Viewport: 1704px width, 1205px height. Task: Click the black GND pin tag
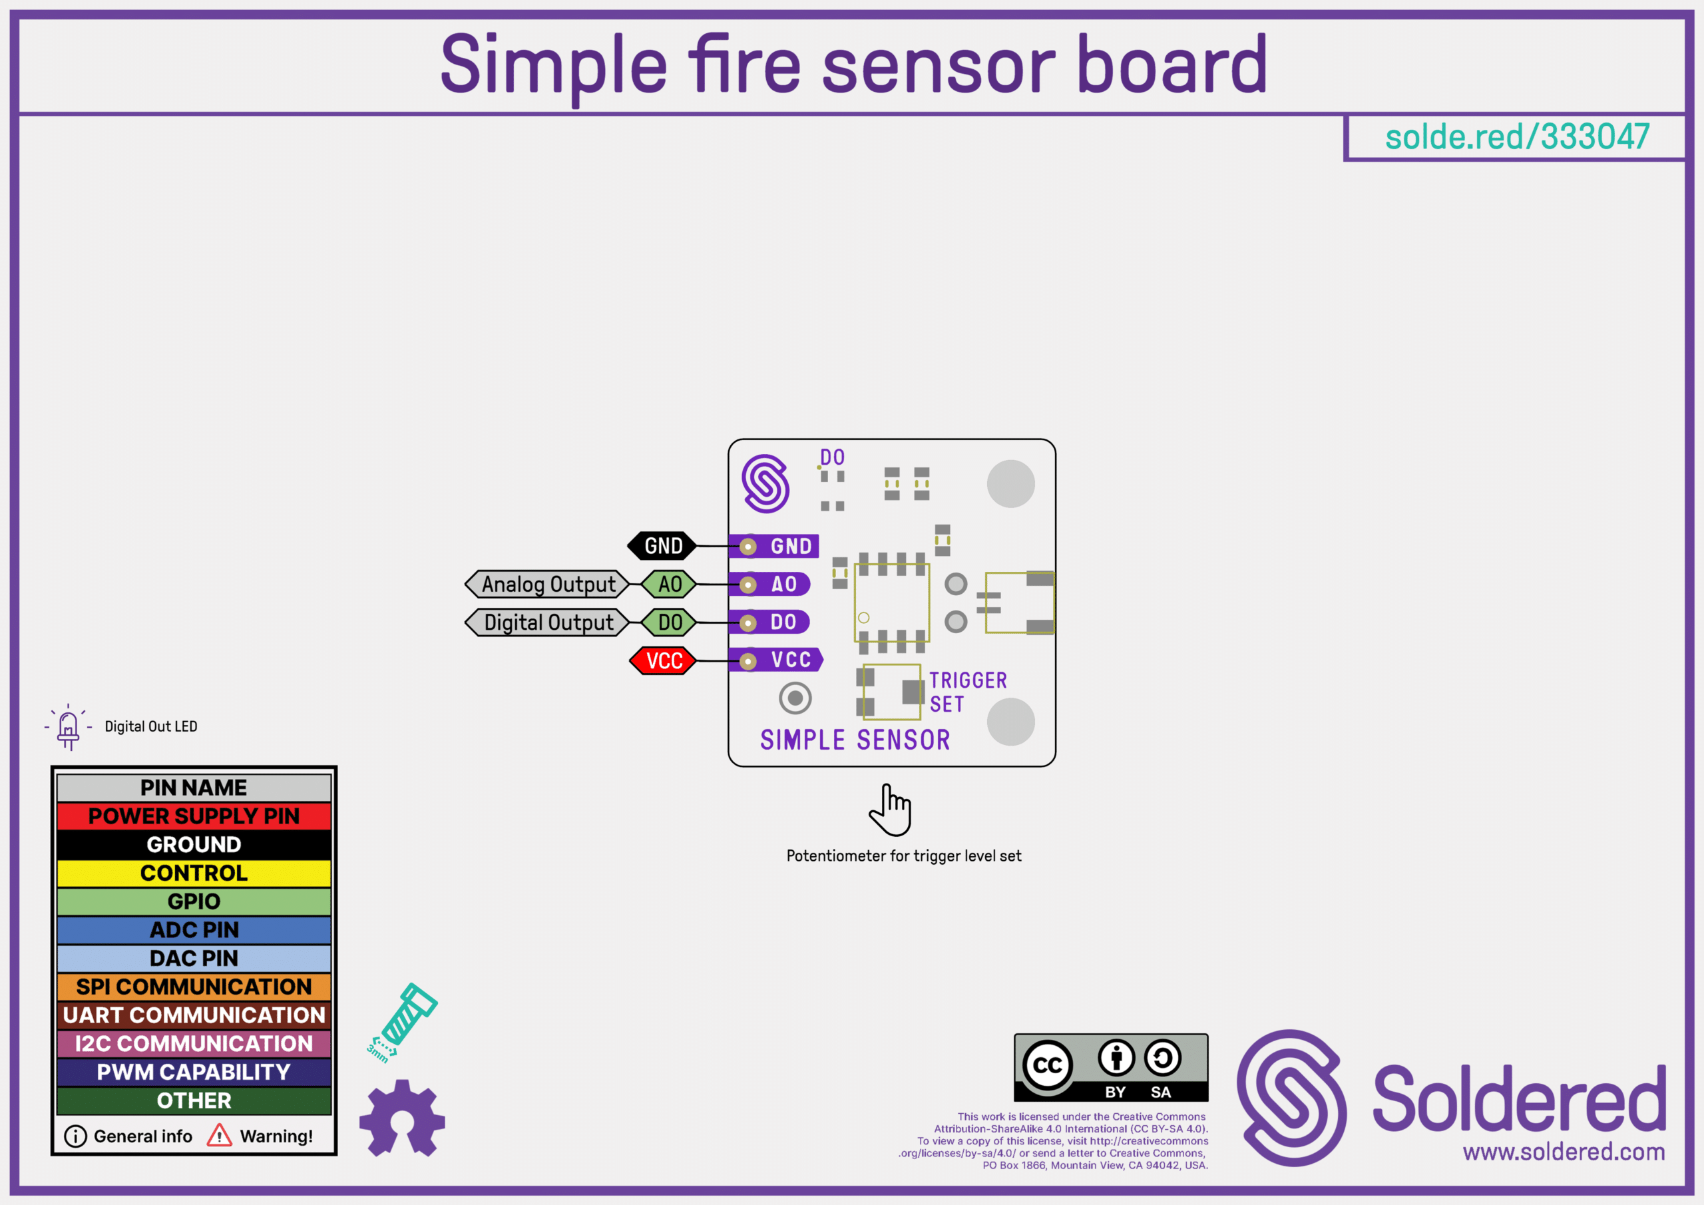(x=663, y=547)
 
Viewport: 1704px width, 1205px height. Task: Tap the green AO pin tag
(x=669, y=585)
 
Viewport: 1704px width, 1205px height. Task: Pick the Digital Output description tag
(x=547, y=622)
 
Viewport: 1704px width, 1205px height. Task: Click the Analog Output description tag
(x=547, y=585)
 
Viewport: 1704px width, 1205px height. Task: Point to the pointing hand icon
(x=891, y=810)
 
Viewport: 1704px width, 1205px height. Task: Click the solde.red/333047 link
(x=1517, y=137)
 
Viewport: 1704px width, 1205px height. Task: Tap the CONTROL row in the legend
(x=194, y=873)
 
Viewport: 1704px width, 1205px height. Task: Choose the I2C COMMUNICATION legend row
(x=194, y=1044)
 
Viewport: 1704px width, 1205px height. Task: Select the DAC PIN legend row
(x=194, y=959)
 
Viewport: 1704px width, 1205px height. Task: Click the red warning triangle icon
(x=219, y=1135)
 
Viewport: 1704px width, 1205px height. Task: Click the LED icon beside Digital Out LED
(x=69, y=728)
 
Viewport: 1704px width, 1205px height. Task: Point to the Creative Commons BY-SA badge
(x=1111, y=1068)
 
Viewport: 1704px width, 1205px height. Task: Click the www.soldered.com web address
(x=1564, y=1152)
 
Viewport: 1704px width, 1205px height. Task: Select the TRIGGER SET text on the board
(x=967, y=692)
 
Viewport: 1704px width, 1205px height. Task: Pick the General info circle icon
(x=76, y=1136)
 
